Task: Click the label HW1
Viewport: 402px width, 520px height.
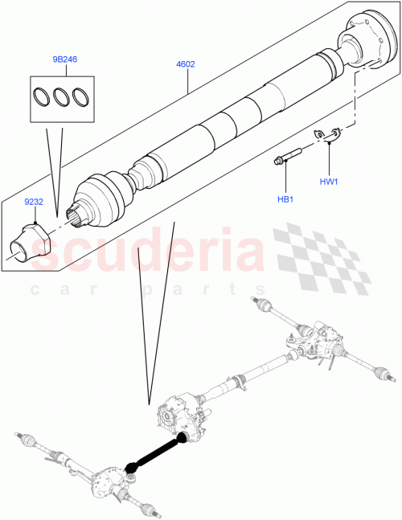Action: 328,182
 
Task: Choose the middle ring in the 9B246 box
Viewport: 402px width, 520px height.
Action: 61,96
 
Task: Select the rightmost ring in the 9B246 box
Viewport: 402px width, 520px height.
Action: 80,96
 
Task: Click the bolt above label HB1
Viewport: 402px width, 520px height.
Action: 288,154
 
